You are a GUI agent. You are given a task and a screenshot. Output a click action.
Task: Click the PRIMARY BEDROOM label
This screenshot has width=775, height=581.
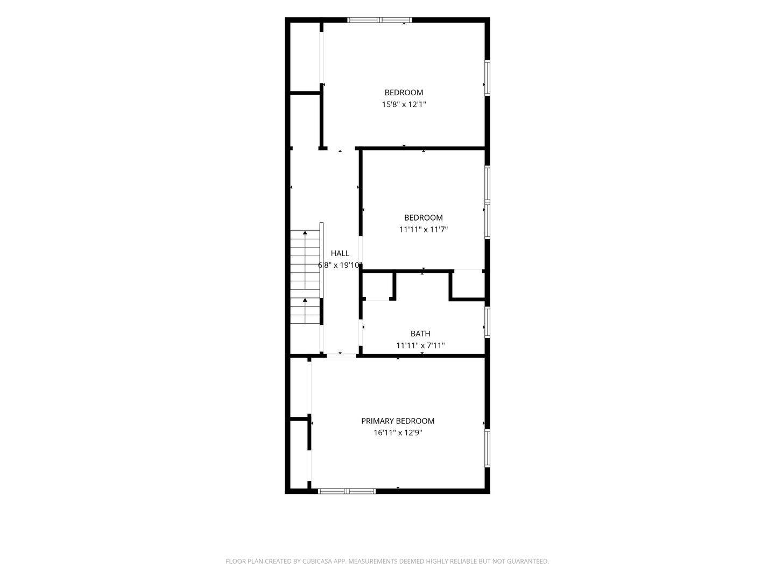(x=398, y=421)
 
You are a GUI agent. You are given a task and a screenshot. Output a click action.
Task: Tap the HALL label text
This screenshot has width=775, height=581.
(x=340, y=253)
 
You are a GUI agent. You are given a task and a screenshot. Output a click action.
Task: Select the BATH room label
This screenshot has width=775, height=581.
(x=420, y=334)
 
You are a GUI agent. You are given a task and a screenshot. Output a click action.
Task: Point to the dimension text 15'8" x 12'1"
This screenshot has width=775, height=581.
(x=404, y=104)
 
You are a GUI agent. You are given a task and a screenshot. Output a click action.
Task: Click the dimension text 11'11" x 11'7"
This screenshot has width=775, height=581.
(x=424, y=230)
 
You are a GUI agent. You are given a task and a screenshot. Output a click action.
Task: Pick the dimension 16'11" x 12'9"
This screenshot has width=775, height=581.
(x=398, y=433)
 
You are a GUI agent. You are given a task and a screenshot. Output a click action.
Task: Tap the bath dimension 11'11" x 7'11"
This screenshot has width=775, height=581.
(x=420, y=345)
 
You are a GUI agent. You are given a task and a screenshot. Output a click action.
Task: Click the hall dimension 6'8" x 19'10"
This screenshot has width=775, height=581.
(x=340, y=265)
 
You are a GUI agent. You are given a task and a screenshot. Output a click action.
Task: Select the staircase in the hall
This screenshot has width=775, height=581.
(x=305, y=277)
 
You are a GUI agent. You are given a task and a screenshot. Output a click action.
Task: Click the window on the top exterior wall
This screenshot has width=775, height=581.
(x=379, y=20)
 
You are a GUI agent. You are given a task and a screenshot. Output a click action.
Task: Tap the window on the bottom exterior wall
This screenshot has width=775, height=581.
(x=347, y=491)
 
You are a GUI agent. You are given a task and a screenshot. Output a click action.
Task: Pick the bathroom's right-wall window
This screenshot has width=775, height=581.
(x=487, y=322)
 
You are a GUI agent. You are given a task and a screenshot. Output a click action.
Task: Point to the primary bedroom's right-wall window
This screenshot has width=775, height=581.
(x=487, y=448)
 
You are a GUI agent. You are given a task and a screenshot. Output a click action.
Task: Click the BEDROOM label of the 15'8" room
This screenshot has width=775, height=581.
(x=404, y=93)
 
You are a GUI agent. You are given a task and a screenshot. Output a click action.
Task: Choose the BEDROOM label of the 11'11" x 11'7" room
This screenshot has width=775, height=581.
(x=424, y=218)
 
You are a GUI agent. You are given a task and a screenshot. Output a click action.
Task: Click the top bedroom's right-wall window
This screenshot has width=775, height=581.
(x=487, y=77)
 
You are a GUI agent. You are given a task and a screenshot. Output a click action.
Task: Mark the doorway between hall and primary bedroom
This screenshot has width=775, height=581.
(x=341, y=356)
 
